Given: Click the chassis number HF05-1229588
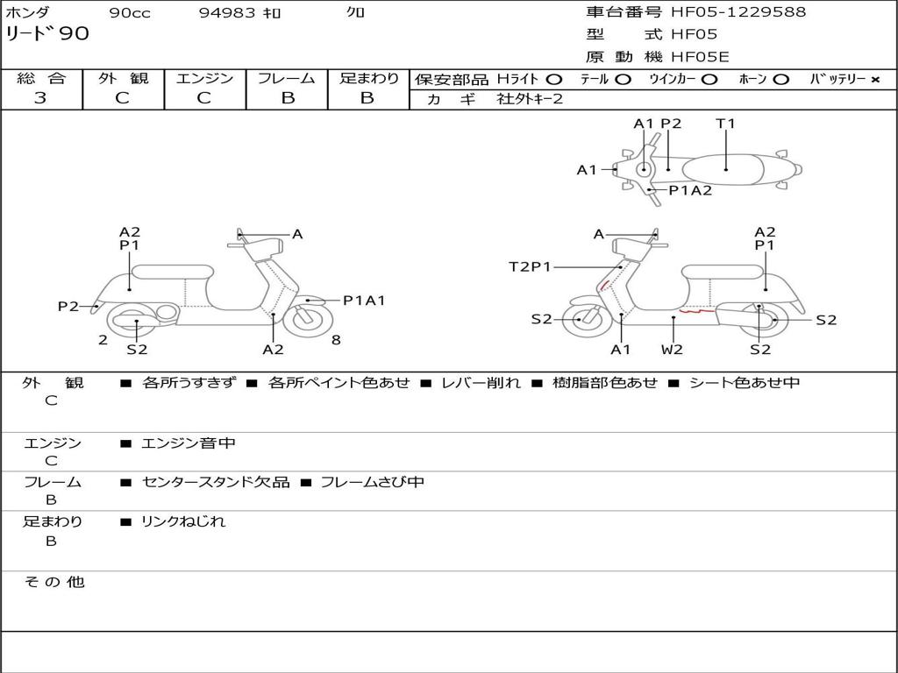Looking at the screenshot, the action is pyautogui.click(x=738, y=12).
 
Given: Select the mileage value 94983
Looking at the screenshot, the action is pyautogui.click(x=227, y=13).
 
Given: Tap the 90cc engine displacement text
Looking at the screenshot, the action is pyautogui.click(x=129, y=13).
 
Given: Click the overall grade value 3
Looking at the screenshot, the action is pyautogui.click(x=40, y=98).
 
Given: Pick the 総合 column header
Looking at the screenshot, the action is pyautogui.click(x=40, y=79).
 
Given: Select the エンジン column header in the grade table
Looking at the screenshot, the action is pyautogui.click(x=204, y=79).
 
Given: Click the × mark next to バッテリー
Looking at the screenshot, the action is pyautogui.click(x=875, y=80).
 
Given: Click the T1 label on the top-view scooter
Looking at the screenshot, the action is pyautogui.click(x=725, y=124).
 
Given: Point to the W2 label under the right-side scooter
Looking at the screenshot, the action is pyautogui.click(x=672, y=350).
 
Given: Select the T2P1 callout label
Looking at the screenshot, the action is pyautogui.click(x=530, y=266).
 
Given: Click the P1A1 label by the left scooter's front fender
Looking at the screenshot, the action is pyautogui.click(x=364, y=301).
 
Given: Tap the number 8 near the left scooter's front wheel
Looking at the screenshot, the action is pyautogui.click(x=336, y=340).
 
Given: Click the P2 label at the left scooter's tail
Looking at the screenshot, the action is pyautogui.click(x=68, y=306).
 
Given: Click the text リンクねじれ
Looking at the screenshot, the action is pyautogui.click(x=183, y=521).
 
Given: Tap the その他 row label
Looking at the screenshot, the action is pyautogui.click(x=54, y=582).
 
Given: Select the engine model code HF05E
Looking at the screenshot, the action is pyautogui.click(x=700, y=58).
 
